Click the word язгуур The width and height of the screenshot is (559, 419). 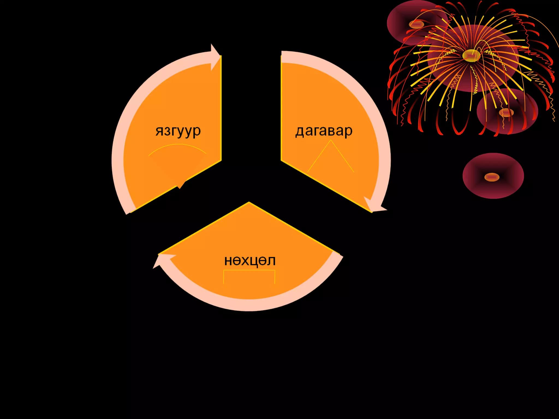tap(178, 131)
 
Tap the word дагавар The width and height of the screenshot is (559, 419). tap(324, 131)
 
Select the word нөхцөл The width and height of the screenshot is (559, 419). tap(250, 261)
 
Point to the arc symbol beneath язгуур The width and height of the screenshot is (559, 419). tap(177, 149)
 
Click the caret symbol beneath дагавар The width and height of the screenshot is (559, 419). tap(331, 155)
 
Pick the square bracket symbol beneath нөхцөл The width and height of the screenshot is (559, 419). tap(249, 276)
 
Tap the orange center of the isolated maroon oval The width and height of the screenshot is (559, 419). tap(492, 177)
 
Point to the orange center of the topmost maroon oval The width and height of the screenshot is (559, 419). tap(416, 25)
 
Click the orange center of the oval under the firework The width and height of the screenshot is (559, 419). tap(506, 112)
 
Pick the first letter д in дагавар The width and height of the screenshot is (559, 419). tap(299, 131)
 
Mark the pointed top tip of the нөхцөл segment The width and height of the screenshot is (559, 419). tap(249, 203)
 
